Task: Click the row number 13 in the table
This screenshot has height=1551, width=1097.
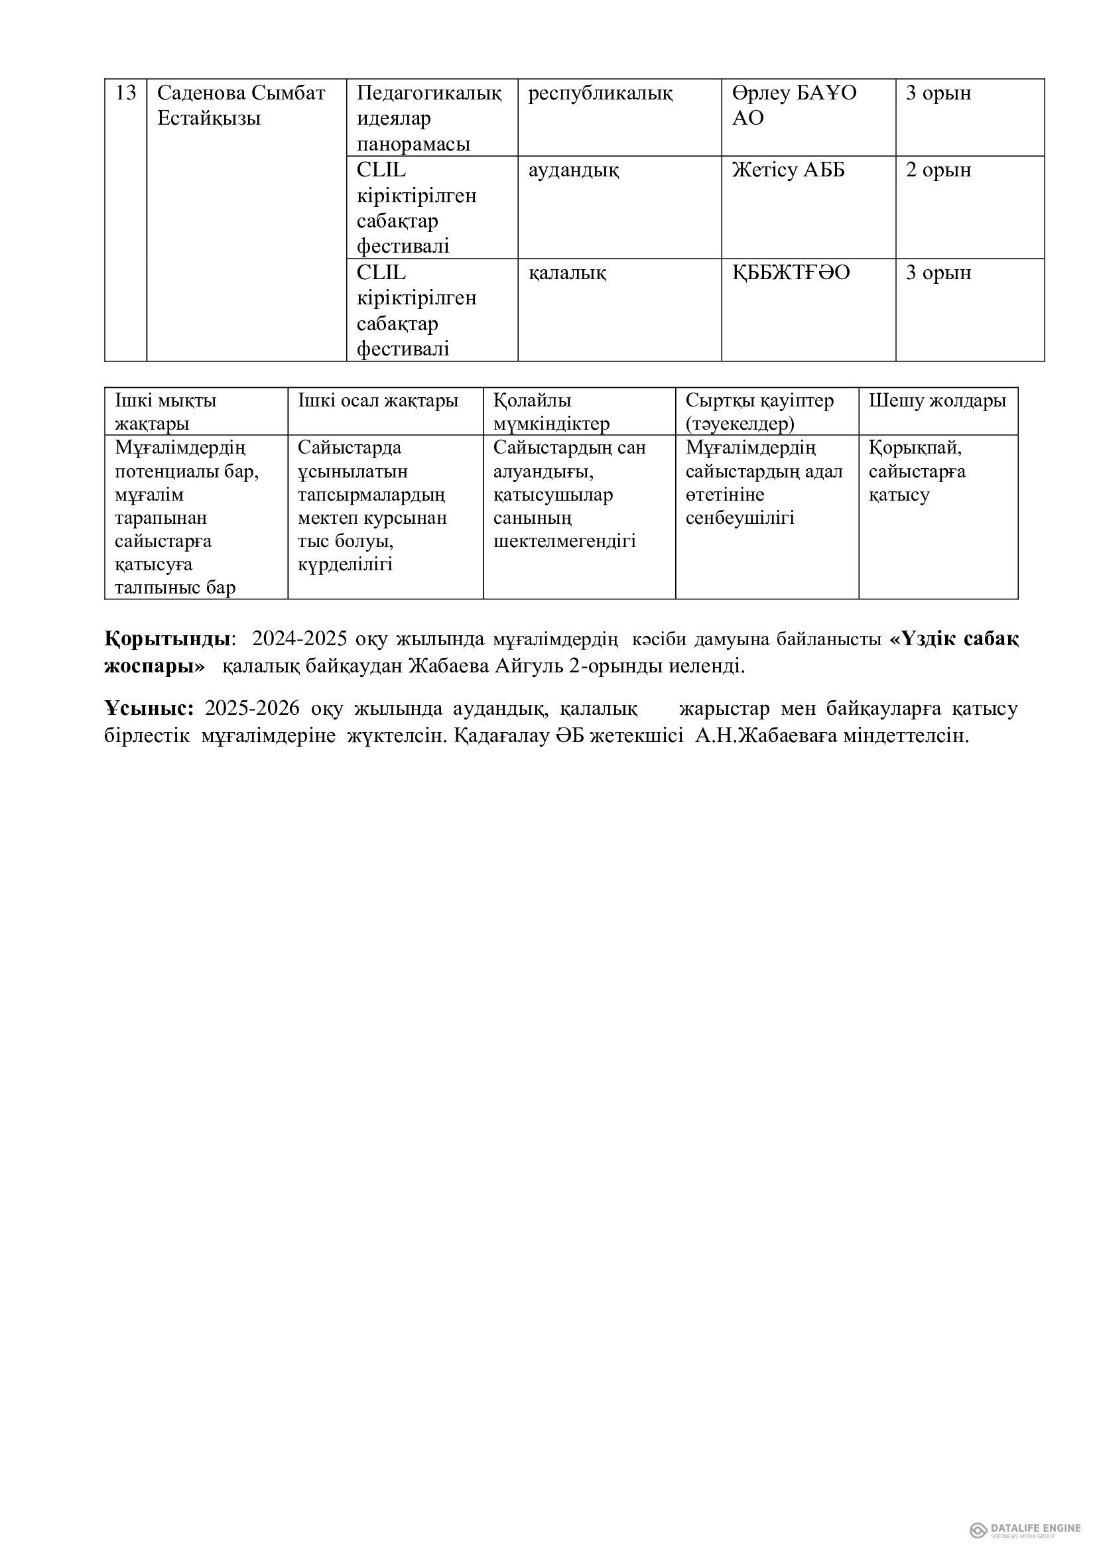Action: pos(125,93)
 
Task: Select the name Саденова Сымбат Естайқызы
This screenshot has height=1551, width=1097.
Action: pos(241,105)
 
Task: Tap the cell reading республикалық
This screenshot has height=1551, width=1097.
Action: pos(600,93)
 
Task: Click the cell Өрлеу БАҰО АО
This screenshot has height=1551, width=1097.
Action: pos(794,105)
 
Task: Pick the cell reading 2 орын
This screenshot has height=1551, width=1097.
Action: pos(938,170)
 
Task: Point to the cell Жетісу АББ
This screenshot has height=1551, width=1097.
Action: pos(789,170)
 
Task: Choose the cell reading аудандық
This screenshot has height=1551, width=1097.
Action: pos(573,170)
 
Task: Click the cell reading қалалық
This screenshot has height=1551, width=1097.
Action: pos(566,273)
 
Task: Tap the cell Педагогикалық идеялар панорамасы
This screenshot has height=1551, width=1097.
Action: pos(429,118)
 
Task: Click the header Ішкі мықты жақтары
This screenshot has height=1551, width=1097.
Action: pos(166,411)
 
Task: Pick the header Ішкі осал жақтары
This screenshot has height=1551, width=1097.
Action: pos(378,401)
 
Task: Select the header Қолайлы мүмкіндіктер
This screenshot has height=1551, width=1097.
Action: pos(550,411)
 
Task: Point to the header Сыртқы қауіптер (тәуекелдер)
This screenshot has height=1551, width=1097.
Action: pos(759,411)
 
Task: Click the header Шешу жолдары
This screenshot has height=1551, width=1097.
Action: pos(937,401)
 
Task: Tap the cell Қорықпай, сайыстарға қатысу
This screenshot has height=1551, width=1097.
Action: pos(917,471)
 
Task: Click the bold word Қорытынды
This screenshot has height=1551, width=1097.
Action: pos(168,639)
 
